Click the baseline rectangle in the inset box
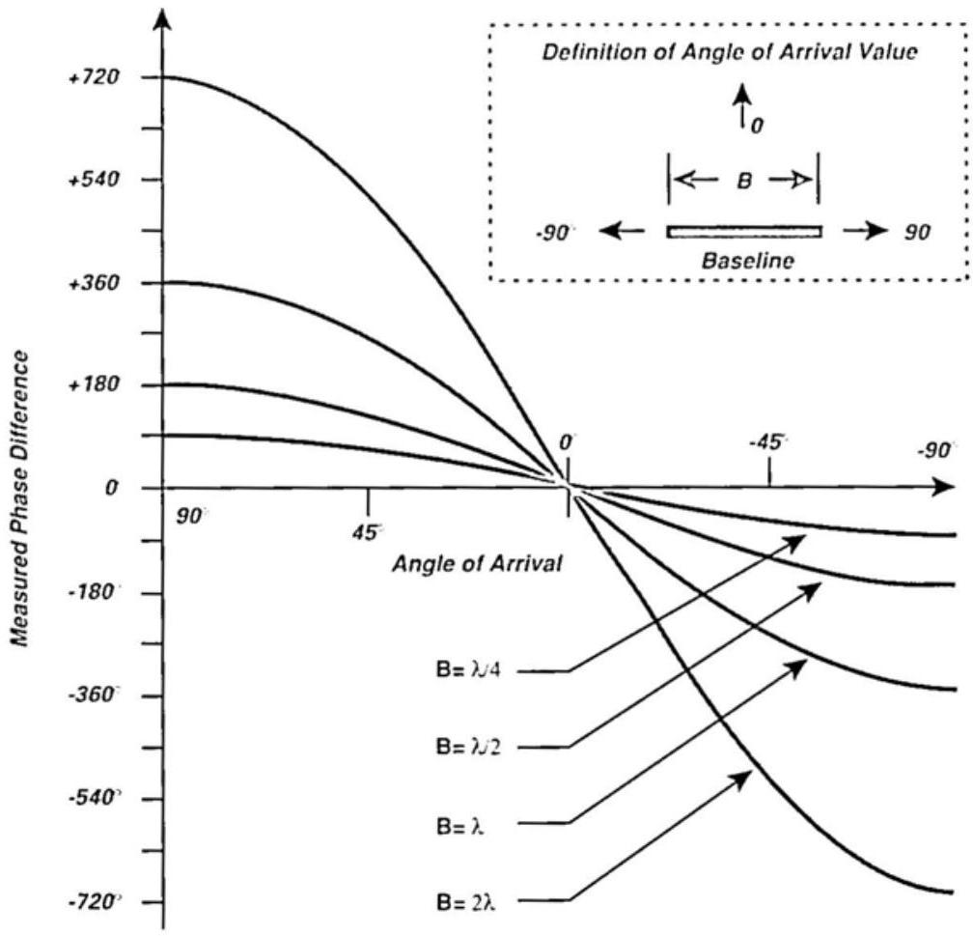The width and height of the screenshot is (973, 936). tap(744, 231)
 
